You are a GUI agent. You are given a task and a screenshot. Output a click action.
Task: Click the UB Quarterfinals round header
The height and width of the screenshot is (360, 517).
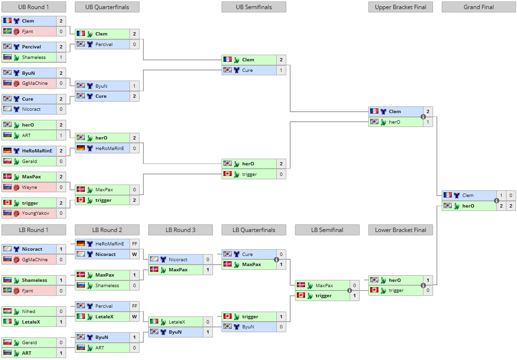107,7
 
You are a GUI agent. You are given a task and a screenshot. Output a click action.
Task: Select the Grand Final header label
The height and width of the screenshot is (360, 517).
479,7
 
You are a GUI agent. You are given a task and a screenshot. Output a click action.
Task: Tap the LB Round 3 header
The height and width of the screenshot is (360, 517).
180,230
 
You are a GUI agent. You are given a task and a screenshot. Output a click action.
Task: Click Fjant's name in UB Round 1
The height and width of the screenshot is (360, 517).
27,32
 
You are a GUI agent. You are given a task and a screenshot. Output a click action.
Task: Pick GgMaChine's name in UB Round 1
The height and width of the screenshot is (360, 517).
35,83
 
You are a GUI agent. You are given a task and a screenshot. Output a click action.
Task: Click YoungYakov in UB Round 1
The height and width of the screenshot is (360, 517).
35,213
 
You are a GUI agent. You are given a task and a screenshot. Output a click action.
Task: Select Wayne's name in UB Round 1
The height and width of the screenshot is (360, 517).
29,187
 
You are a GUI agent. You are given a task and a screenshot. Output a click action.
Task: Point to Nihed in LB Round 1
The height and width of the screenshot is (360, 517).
29,312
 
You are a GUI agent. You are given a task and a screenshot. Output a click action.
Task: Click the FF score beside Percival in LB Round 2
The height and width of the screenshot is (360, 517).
134,306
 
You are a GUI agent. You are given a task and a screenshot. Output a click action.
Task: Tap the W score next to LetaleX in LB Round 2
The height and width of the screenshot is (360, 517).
134,317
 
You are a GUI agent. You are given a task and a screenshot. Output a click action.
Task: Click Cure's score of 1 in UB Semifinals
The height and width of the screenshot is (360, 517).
281,70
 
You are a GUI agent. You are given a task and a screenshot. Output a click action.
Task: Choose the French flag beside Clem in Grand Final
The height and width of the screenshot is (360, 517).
448,195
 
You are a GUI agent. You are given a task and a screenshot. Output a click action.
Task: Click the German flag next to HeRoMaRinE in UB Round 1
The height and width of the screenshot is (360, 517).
7,151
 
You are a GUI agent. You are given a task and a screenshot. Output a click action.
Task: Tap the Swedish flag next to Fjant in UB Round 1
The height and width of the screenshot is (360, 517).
7,32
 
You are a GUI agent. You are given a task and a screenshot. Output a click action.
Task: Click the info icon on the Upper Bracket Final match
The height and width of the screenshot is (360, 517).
423,116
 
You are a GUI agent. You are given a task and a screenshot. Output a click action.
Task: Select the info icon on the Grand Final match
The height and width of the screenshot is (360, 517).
496,200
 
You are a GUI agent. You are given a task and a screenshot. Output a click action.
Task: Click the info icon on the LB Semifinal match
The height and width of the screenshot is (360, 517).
350,290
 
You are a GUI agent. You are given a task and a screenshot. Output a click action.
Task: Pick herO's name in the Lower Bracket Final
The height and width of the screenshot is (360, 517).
395,280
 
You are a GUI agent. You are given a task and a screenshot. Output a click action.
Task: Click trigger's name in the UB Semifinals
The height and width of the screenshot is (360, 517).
249,174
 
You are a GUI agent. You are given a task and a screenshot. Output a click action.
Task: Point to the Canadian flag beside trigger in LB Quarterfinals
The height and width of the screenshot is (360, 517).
227,317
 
